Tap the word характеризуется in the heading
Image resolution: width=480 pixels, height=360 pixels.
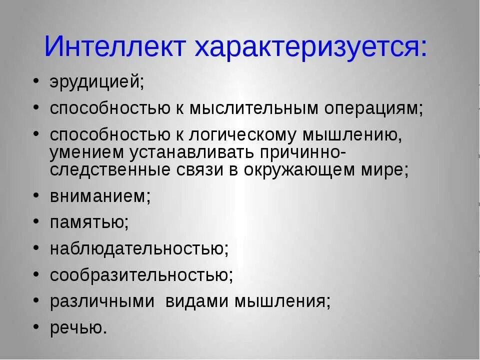click(x=310, y=47)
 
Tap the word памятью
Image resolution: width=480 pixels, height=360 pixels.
click(x=89, y=223)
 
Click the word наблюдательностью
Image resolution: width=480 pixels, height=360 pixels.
click(x=139, y=249)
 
